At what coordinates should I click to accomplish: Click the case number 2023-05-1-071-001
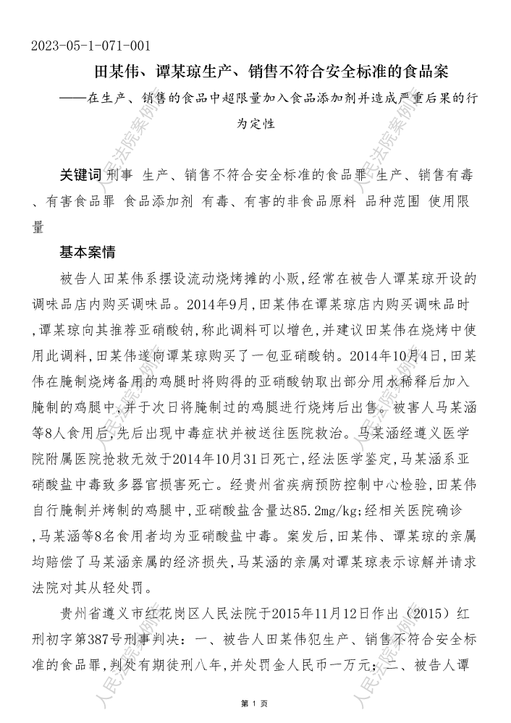[90, 46]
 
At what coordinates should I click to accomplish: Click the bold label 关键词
[80, 175]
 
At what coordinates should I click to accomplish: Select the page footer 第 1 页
[255, 703]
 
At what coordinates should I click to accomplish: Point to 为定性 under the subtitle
[255, 124]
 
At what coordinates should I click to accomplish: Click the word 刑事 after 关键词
[120, 175]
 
